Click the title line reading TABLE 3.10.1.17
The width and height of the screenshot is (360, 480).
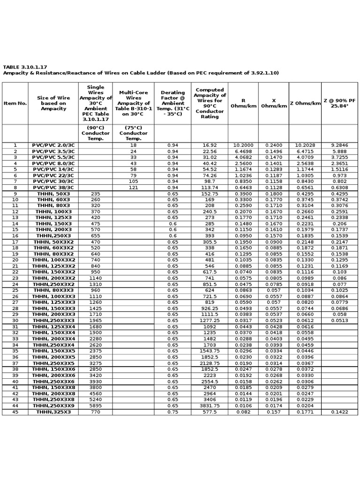(x=25, y=67)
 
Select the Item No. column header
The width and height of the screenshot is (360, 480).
(x=15, y=103)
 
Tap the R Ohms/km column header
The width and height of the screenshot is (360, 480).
(x=243, y=103)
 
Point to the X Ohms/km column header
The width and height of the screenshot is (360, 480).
(x=274, y=103)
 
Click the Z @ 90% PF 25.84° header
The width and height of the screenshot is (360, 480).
(x=340, y=103)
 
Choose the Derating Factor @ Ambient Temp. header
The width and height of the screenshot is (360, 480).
(x=172, y=103)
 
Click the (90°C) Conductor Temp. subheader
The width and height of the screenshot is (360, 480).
(x=96, y=133)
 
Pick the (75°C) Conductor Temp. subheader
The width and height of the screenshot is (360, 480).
(x=134, y=133)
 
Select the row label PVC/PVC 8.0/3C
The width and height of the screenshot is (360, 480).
(x=53, y=164)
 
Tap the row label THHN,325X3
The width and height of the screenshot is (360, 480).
(x=53, y=412)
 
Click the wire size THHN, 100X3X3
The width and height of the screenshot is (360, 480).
(x=53, y=297)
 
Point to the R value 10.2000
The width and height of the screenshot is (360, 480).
(x=243, y=145)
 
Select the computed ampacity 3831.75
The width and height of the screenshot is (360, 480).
(x=210, y=406)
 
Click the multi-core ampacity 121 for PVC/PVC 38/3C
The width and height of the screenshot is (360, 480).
(x=134, y=187)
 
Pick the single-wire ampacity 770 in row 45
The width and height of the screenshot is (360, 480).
(x=96, y=412)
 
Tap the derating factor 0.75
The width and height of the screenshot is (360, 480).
(x=172, y=412)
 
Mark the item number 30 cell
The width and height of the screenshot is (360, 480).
(x=15, y=321)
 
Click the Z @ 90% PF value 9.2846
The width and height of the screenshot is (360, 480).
(x=340, y=145)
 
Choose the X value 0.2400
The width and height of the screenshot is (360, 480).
(x=274, y=145)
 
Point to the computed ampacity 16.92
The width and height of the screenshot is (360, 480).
(x=210, y=145)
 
